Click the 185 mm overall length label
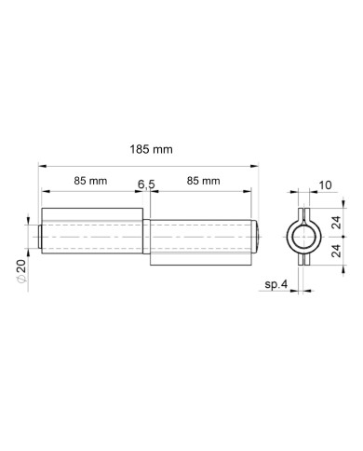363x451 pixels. (x=151, y=150)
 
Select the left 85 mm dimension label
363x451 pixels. (x=90, y=181)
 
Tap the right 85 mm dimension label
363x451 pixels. (x=203, y=181)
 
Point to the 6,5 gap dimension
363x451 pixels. (x=146, y=184)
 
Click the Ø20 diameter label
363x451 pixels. (x=21, y=271)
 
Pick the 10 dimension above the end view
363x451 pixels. (x=325, y=185)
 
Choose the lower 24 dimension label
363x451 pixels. (x=337, y=251)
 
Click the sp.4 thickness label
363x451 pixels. (x=276, y=284)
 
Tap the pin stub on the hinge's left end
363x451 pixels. (x=40, y=237)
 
